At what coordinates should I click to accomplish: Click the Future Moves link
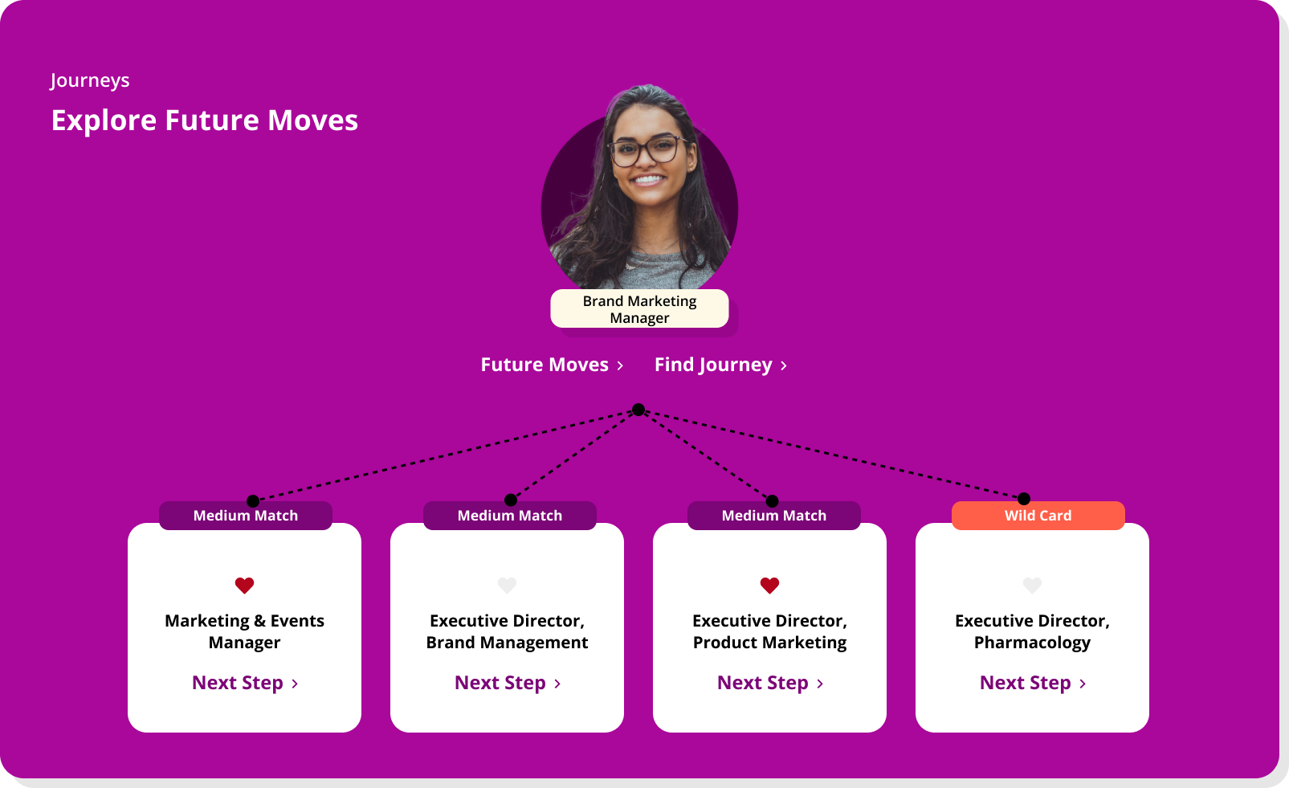(552, 365)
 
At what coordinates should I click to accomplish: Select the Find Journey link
(720, 365)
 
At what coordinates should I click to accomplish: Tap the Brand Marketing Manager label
(639, 309)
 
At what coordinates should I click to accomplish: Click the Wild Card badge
(1038, 516)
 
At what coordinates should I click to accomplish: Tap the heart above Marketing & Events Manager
(244, 586)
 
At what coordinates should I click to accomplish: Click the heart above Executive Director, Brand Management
(507, 586)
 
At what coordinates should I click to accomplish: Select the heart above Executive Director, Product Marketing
(769, 586)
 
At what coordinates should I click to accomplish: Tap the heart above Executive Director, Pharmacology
(1032, 586)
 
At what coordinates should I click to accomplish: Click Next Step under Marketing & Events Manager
(245, 683)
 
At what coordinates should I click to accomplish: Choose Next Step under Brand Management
(508, 683)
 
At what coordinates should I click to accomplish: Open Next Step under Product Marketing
(770, 683)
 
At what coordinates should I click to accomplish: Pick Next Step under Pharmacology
(1033, 683)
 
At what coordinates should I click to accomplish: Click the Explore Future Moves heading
(205, 120)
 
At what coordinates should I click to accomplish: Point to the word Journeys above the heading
(90, 80)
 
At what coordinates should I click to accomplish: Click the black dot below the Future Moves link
(638, 410)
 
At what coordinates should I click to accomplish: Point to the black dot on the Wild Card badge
(1024, 499)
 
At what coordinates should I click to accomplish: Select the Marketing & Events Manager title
(244, 631)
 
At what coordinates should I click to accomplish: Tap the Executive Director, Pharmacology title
(1032, 631)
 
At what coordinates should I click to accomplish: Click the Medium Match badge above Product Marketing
(773, 516)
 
